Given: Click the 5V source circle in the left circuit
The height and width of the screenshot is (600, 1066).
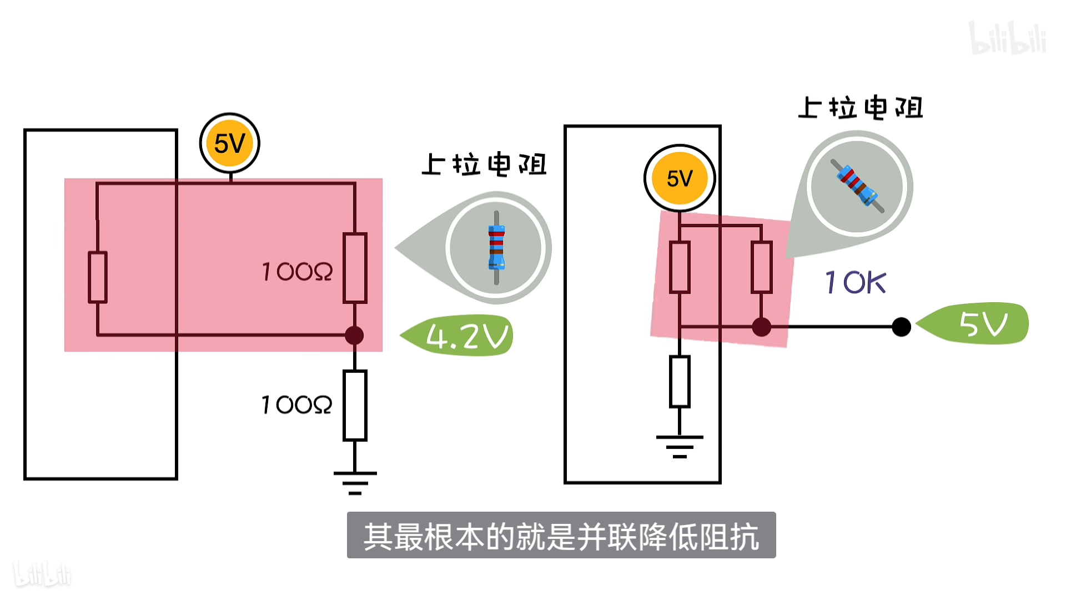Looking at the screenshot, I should [229, 143].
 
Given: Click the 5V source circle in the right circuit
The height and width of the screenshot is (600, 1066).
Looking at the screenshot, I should [680, 178].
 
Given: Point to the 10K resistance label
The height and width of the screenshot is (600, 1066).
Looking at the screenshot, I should [855, 282].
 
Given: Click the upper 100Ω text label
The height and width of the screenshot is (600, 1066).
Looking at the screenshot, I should [297, 272].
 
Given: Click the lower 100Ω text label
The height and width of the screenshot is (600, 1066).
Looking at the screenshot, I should [296, 405].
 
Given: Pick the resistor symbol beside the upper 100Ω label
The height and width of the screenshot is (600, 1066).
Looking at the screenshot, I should [355, 268].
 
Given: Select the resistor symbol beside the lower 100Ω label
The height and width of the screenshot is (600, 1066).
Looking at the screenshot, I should [355, 405].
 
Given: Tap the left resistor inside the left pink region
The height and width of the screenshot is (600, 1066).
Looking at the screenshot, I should [98, 277].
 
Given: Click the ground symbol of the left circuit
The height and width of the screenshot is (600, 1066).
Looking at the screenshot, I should [355, 482].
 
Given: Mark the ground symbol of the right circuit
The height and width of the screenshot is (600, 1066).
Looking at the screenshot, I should [680, 446].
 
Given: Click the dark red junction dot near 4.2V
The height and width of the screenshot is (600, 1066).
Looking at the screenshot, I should [354, 335].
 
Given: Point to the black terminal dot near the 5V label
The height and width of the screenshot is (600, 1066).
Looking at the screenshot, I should [901, 327].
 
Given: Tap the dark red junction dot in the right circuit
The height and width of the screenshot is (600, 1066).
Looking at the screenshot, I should [761, 327].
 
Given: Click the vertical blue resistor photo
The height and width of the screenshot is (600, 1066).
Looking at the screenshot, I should [496, 247].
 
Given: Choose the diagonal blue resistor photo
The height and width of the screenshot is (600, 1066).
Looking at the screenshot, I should [857, 186].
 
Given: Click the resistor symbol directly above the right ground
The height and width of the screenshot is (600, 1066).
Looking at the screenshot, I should [680, 382].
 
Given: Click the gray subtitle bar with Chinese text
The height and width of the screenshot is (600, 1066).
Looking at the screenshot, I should [561, 535].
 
